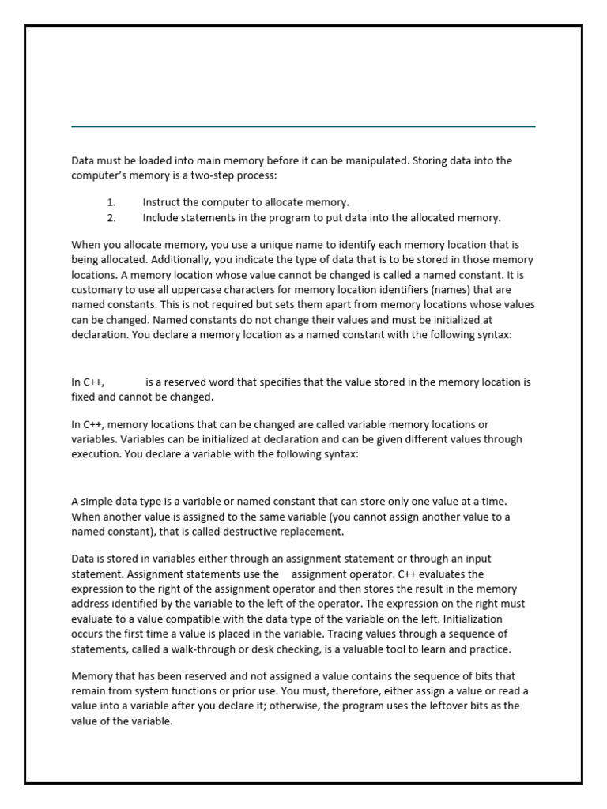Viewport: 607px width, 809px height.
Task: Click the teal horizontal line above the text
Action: (x=303, y=126)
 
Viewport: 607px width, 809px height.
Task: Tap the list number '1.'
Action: (x=111, y=202)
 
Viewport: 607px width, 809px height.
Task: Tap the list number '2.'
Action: (x=111, y=217)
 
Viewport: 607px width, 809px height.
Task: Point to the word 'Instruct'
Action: (x=162, y=202)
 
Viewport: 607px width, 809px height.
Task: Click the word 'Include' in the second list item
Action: (x=161, y=217)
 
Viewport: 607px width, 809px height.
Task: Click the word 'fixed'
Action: (x=85, y=397)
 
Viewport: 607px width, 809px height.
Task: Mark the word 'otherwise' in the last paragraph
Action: (x=294, y=706)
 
